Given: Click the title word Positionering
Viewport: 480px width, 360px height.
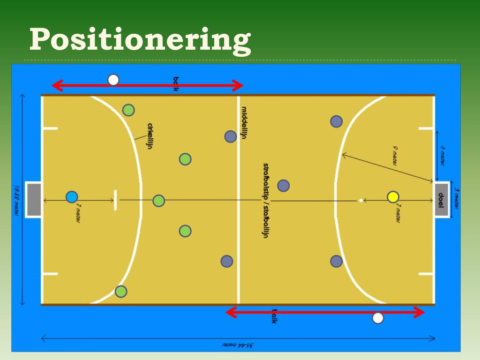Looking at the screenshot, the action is (x=139, y=40).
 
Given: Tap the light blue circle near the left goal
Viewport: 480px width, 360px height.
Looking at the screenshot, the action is (x=72, y=197).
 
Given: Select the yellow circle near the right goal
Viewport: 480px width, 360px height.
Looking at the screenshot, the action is (x=393, y=197).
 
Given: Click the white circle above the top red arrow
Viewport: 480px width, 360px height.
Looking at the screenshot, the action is (x=113, y=80).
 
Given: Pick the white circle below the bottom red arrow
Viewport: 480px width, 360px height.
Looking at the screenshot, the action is (x=378, y=318).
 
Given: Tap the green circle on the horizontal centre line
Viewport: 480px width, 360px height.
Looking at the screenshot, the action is (x=159, y=201).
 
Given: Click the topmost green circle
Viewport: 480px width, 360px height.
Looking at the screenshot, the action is (x=128, y=110).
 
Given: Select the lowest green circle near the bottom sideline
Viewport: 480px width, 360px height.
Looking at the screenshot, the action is (x=121, y=292).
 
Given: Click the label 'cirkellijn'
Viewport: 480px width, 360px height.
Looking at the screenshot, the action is (x=150, y=136).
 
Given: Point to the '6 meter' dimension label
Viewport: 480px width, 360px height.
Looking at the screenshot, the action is (x=442, y=155).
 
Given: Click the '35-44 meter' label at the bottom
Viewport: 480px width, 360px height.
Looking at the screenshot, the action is (x=238, y=345).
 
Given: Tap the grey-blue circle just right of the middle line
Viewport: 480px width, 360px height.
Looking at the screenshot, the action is (x=283, y=186).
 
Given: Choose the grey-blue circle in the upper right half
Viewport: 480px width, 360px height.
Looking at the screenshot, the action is (x=336, y=121).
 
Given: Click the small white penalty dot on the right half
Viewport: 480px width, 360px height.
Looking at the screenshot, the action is (x=360, y=201).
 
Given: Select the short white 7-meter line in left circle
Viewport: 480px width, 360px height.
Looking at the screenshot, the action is (x=115, y=200).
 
